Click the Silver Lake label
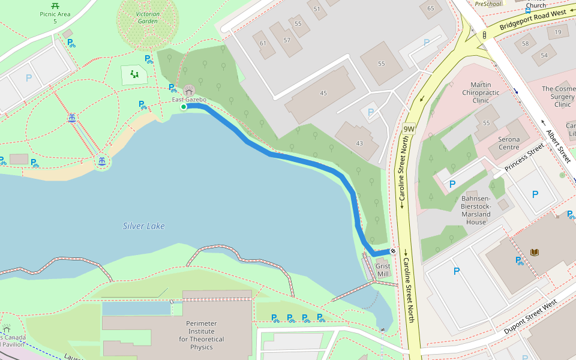coord(143,226)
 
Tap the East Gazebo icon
coord(189,90)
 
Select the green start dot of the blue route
coord(184,106)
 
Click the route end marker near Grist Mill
coord(393,251)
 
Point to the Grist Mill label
coord(382,270)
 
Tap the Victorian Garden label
coord(148,17)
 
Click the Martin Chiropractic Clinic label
coord(481,93)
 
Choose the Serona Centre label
coord(509,143)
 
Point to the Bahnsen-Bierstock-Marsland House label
coord(476,210)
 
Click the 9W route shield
coord(409,128)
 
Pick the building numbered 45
coord(323,93)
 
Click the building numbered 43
coord(359,143)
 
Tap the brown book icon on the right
coord(535,253)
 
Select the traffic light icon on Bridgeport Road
coord(484,35)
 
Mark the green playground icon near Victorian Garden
coord(134,74)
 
